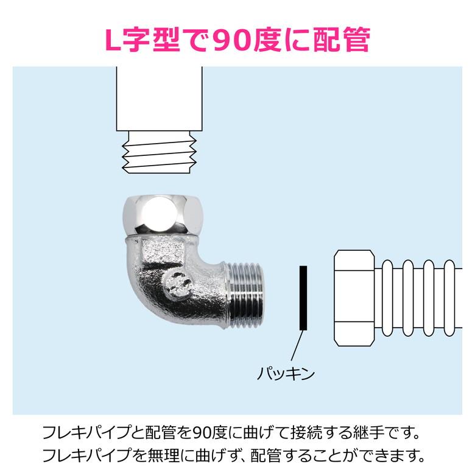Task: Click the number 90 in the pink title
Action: pos(233,40)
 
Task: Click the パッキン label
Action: pos(286,373)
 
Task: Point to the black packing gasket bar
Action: pos(303,298)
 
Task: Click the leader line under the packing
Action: pos(297,346)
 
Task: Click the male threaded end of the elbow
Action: pos(245,296)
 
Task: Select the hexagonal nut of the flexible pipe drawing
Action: pos(354,298)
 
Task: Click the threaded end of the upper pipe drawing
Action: pos(160,152)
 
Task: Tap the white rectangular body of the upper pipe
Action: pos(160,99)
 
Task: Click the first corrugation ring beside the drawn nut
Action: pos(387,298)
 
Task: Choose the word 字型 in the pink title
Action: pos(152,40)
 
